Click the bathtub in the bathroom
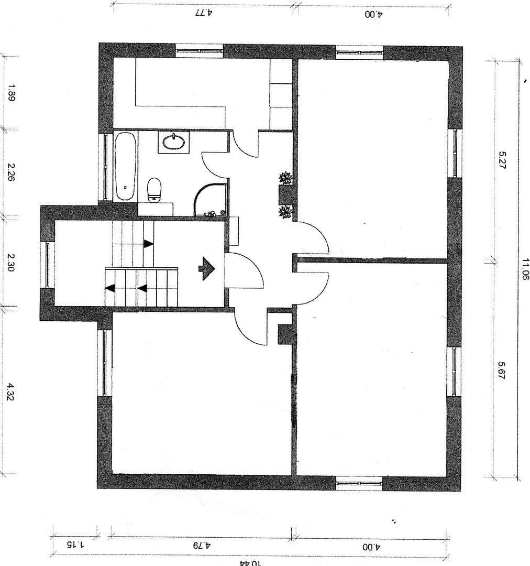(126, 166)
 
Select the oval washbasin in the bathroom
(173, 142)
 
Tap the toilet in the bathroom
(154, 189)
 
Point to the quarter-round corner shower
(211, 201)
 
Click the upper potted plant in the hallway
(285, 178)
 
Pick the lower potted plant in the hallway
(285, 212)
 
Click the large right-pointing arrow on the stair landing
(207, 269)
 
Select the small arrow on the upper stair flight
(148, 244)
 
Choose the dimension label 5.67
(502, 371)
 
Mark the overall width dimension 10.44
(249, 562)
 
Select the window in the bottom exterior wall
(359, 483)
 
